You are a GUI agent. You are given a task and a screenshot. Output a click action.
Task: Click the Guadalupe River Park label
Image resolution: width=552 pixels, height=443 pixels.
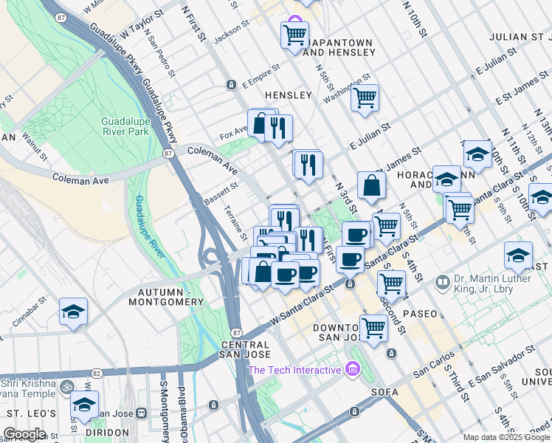pyautogui.click(x=125, y=126)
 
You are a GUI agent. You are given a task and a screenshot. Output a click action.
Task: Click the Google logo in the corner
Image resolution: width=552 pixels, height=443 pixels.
pyautogui.click(x=24, y=434)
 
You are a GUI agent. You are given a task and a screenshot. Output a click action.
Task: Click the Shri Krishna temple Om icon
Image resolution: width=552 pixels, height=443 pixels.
pyautogui.click(x=66, y=387)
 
